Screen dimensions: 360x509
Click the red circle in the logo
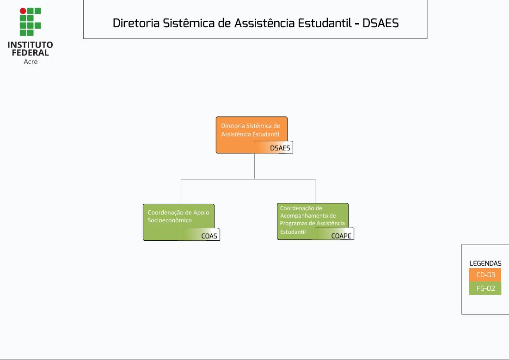tap(23, 11)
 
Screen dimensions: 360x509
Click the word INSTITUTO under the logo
tap(30, 45)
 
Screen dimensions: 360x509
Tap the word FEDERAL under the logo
tap(30, 53)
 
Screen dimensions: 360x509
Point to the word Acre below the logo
tap(31, 61)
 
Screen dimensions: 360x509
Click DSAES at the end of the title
tap(380, 23)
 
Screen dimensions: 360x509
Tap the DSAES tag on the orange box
tap(280, 148)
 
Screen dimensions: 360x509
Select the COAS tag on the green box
tap(209, 236)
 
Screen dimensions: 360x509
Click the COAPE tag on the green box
tap(341, 236)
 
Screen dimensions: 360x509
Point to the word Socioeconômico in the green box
tap(170, 220)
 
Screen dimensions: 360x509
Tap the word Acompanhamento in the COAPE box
tap(308, 216)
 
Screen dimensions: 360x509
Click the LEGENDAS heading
tap(485, 263)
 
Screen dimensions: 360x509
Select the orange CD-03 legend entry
tap(485, 275)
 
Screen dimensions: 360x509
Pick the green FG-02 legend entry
tap(485, 288)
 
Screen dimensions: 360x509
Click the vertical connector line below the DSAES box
tap(255, 166)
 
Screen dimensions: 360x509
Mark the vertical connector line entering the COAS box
tap(181, 191)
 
